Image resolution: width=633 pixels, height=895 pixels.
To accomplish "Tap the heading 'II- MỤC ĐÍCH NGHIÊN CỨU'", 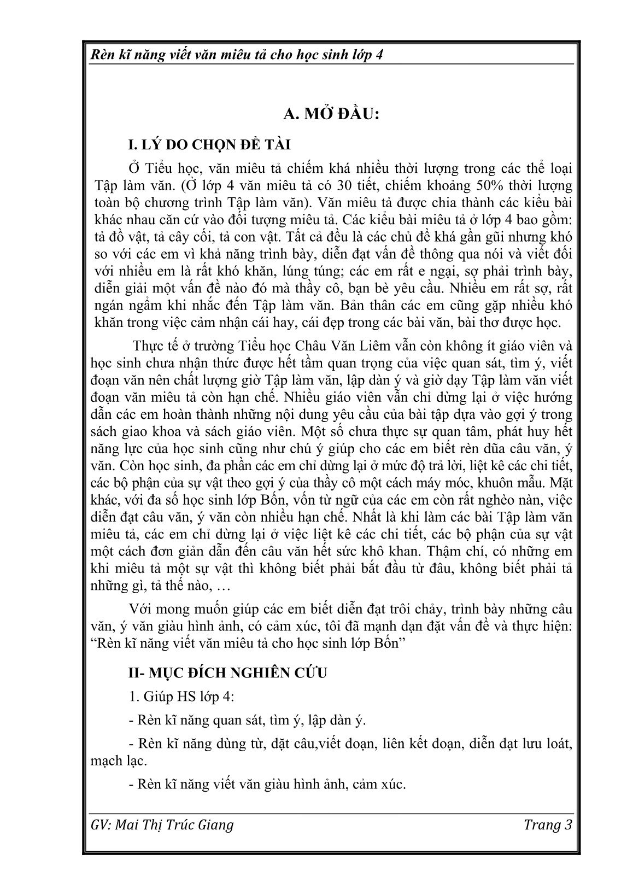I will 227,672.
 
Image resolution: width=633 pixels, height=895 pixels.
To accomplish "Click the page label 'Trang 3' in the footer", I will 547,825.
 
